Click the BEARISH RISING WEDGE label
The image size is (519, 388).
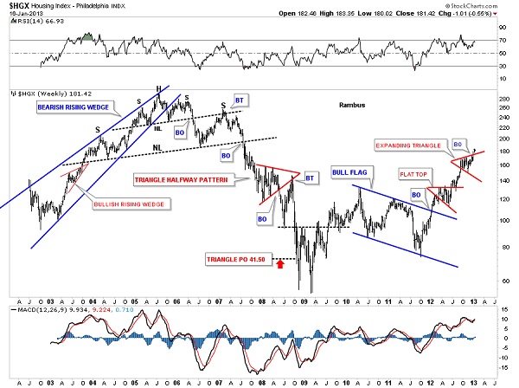coord(73,107)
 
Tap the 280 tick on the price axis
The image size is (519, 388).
coord(503,98)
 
